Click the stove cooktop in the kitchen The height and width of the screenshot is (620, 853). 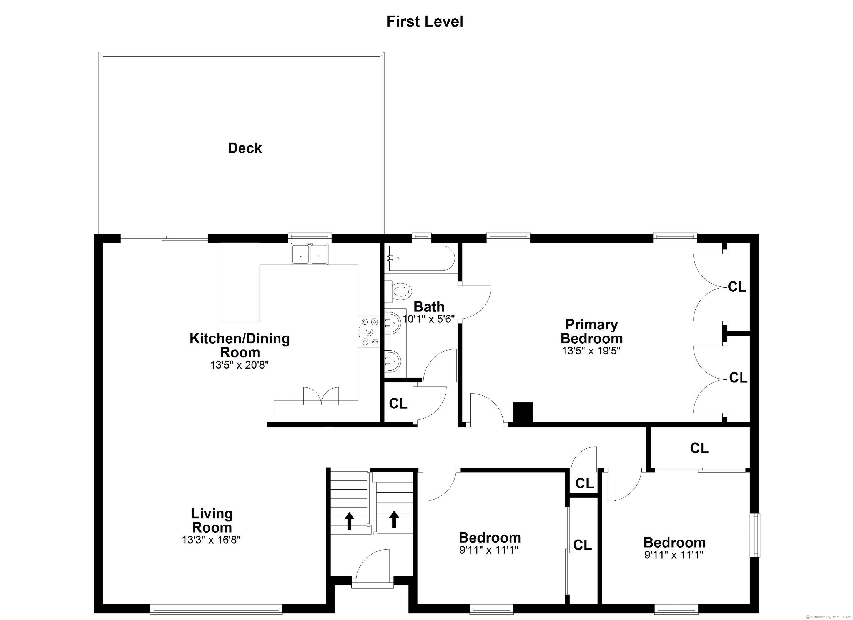369,332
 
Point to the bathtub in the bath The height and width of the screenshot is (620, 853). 421,258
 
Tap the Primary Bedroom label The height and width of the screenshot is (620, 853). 592,331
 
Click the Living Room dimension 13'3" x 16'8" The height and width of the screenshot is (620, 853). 211,540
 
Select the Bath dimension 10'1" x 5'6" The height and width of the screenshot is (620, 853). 429,319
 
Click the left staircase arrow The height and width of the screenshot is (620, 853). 349,521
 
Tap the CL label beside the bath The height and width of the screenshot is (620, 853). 398,404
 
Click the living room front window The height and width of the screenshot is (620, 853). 216,609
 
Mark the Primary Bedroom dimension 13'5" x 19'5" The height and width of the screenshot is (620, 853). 591,351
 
